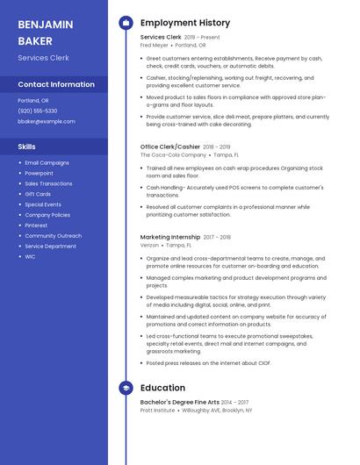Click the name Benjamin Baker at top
point(39,32)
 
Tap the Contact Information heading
point(56,84)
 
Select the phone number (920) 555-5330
point(38,111)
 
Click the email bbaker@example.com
point(46,121)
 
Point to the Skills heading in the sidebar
point(27,147)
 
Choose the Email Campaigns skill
point(47,163)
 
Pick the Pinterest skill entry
point(37,225)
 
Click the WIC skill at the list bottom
point(30,257)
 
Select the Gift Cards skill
point(38,194)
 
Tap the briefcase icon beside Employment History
point(126,22)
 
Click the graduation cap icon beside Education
point(126,388)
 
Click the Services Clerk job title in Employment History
point(161,38)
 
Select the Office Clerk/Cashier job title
point(170,147)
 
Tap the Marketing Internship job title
point(170,237)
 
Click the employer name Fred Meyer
point(155,46)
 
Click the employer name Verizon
point(150,245)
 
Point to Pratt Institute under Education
point(159,410)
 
